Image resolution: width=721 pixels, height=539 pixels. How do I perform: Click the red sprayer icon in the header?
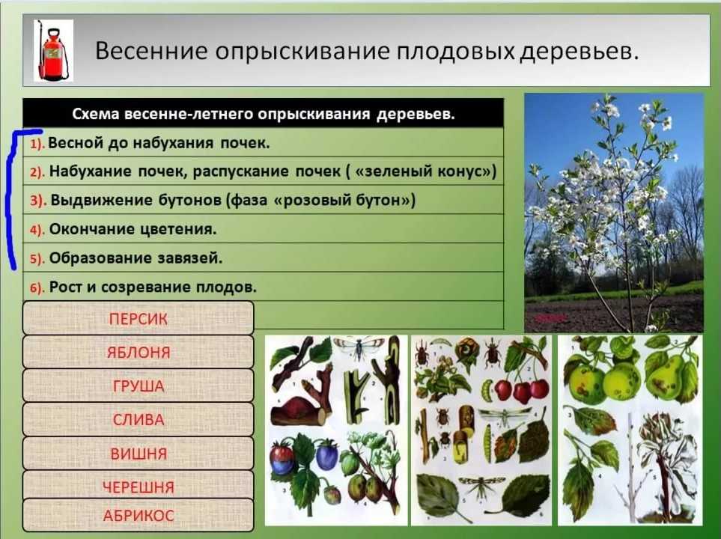[53, 51]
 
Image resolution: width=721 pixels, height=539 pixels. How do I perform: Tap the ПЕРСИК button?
[138, 318]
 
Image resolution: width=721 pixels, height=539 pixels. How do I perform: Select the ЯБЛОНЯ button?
[138, 353]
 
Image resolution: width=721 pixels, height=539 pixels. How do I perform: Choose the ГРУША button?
[138, 386]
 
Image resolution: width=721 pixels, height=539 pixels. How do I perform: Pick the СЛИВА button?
[138, 419]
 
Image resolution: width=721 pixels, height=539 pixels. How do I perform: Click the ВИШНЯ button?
[138, 454]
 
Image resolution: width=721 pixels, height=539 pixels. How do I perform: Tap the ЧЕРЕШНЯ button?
[138, 486]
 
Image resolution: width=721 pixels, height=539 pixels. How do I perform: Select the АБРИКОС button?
[138, 515]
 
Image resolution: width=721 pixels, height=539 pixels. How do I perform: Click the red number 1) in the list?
[37, 144]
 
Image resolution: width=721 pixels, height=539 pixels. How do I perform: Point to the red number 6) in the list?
[37, 288]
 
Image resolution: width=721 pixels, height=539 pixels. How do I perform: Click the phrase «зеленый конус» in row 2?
[422, 171]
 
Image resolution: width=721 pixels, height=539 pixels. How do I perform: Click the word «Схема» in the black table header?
[96, 114]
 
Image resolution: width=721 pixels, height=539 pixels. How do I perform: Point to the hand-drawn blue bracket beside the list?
[10, 198]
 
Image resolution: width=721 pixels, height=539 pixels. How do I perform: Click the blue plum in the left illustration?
[327, 455]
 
